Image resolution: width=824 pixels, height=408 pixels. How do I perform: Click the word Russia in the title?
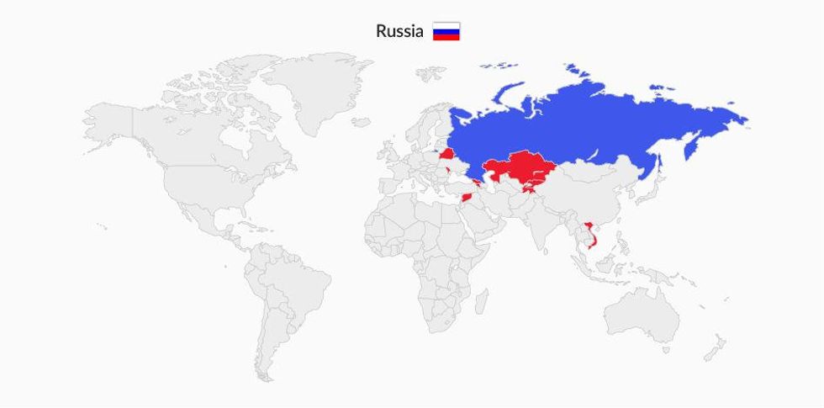[399, 32]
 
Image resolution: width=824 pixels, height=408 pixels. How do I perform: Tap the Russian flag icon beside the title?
[446, 32]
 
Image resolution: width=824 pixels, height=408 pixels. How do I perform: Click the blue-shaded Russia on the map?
[589, 118]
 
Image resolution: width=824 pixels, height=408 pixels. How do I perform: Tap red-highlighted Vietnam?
[590, 236]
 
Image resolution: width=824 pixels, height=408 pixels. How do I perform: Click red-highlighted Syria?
[468, 198]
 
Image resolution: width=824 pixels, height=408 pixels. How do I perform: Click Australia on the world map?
[643, 315]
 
